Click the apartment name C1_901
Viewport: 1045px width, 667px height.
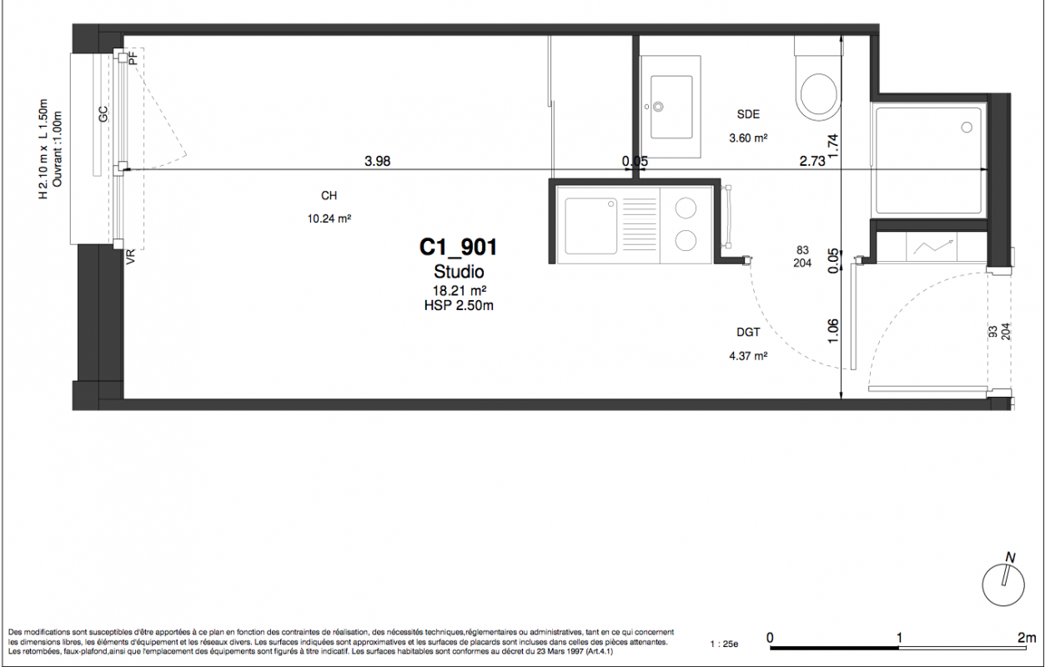pyautogui.click(x=458, y=248)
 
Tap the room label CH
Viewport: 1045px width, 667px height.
pyautogui.click(x=329, y=195)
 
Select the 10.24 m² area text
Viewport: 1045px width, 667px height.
pyautogui.click(x=329, y=218)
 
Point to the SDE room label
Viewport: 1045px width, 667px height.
pyautogui.click(x=748, y=114)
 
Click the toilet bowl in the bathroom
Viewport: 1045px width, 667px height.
pyautogui.click(x=819, y=95)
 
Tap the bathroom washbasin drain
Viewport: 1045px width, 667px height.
pyautogui.click(x=658, y=107)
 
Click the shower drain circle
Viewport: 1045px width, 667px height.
pyautogui.click(x=967, y=127)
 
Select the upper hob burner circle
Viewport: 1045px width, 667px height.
pyautogui.click(x=686, y=208)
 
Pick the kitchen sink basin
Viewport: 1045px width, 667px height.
pyautogui.click(x=591, y=226)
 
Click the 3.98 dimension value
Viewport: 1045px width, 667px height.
pyautogui.click(x=378, y=161)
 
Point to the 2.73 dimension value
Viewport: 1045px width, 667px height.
pyautogui.click(x=812, y=161)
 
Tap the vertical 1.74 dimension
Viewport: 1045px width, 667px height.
pyautogui.click(x=833, y=146)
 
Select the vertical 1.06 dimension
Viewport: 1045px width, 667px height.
pyautogui.click(x=833, y=331)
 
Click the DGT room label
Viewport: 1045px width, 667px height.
pyautogui.click(x=748, y=332)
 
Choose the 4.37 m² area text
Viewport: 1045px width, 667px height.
pyautogui.click(x=748, y=356)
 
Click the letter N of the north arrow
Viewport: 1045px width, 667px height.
pyautogui.click(x=1010, y=558)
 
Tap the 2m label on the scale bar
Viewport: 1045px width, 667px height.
pyautogui.click(x=1027, y=637)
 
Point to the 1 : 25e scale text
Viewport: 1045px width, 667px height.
pyautogui.click(x=724, y=644)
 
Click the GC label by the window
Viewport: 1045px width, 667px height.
pyautogui.click(x=103, y=114)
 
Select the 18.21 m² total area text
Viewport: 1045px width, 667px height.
pyautogui.click(x=460, y=291)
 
